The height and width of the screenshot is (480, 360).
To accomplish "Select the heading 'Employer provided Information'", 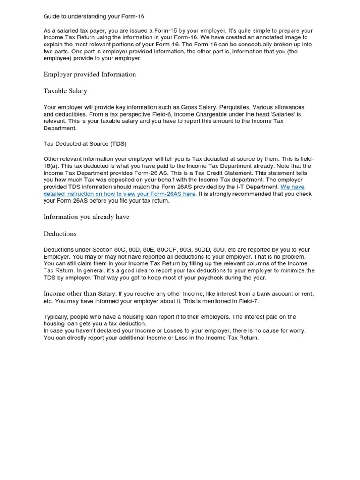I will point(90,75).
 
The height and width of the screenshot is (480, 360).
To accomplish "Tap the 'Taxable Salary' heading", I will point(65,91).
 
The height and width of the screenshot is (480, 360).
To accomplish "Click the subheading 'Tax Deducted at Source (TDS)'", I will point(85,143).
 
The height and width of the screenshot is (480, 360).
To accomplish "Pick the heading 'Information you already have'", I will point(86,217).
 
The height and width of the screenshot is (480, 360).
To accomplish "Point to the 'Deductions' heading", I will point(60,233).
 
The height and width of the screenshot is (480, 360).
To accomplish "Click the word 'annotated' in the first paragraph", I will point(261,37).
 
